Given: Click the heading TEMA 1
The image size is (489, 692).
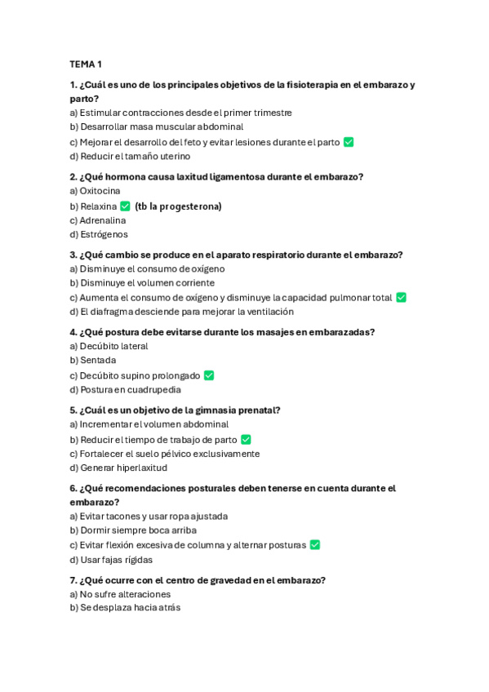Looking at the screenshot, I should point(86,64).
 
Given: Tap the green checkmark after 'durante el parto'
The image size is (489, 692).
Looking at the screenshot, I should point(349,142).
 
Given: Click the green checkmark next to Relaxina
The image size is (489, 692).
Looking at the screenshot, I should point(125,206).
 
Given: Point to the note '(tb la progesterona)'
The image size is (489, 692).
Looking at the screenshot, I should point(178,206).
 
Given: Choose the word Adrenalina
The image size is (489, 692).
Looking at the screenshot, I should point(103,220).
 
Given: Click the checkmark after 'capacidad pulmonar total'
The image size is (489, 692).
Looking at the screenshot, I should point(401,298).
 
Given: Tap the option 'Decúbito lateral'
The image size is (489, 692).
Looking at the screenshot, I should point(113,346).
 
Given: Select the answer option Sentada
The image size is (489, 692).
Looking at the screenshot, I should point(98,360).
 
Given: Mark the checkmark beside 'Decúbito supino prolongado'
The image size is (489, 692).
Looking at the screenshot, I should point(209,375).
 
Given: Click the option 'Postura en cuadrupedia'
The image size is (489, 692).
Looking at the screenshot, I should point(130,389).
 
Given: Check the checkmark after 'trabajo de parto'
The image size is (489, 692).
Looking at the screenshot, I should point(246,440).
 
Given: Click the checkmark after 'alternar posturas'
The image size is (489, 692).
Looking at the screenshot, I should point(315,545).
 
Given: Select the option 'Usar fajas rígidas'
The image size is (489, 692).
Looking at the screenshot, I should point(116,560).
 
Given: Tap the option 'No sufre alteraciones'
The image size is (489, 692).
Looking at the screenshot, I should point(125,594).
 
